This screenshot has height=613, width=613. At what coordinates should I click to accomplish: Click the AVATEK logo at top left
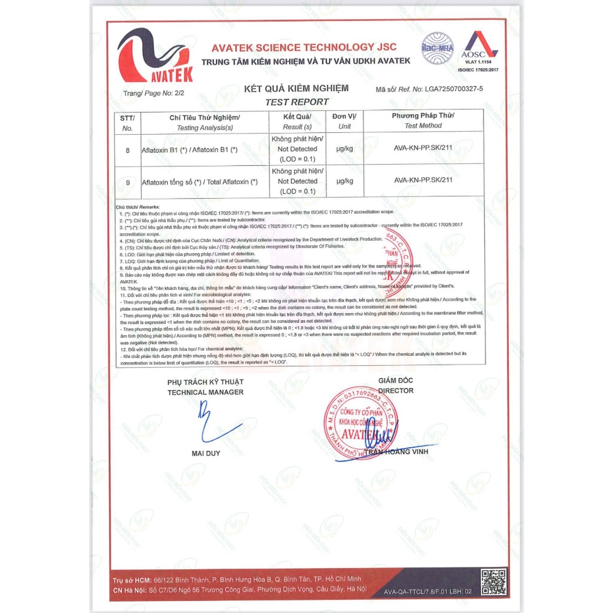pyautogui.click(x=155, y=55)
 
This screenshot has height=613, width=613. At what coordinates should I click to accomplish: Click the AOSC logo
pyautogui.click(x=478, y=48)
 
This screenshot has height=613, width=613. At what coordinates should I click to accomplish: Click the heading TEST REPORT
pyautogui.click(x=296, y=102)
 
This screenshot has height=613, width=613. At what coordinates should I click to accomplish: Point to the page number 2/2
pyautogui.click(x=177, y=93)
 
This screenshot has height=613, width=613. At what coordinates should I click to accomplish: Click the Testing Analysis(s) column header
pyautogui.click(x=205, y=122)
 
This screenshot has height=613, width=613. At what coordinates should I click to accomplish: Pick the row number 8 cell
pyautogui.click(x=128, y=150)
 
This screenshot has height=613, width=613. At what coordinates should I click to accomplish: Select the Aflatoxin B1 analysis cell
pyautogui.click(x=190, y=150)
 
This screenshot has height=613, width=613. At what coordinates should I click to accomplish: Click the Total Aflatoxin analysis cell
pyautogui.click(x=199, y=181)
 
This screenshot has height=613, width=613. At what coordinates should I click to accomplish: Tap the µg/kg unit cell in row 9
pyautogui.click(x=345, y=181)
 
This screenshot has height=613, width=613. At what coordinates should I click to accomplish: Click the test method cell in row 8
pyautogui.click(x=423, y=149)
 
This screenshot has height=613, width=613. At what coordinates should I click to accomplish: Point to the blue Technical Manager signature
pyautogui.click(x=213, y=423)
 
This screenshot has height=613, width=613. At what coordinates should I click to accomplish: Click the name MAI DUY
pyautogui.click(x=206, y=453)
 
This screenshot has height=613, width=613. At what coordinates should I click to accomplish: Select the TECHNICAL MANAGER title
pyautogui.click(x=205, y=392)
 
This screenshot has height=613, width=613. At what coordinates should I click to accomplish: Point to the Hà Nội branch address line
pyautogui.click(x=239, y=590)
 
